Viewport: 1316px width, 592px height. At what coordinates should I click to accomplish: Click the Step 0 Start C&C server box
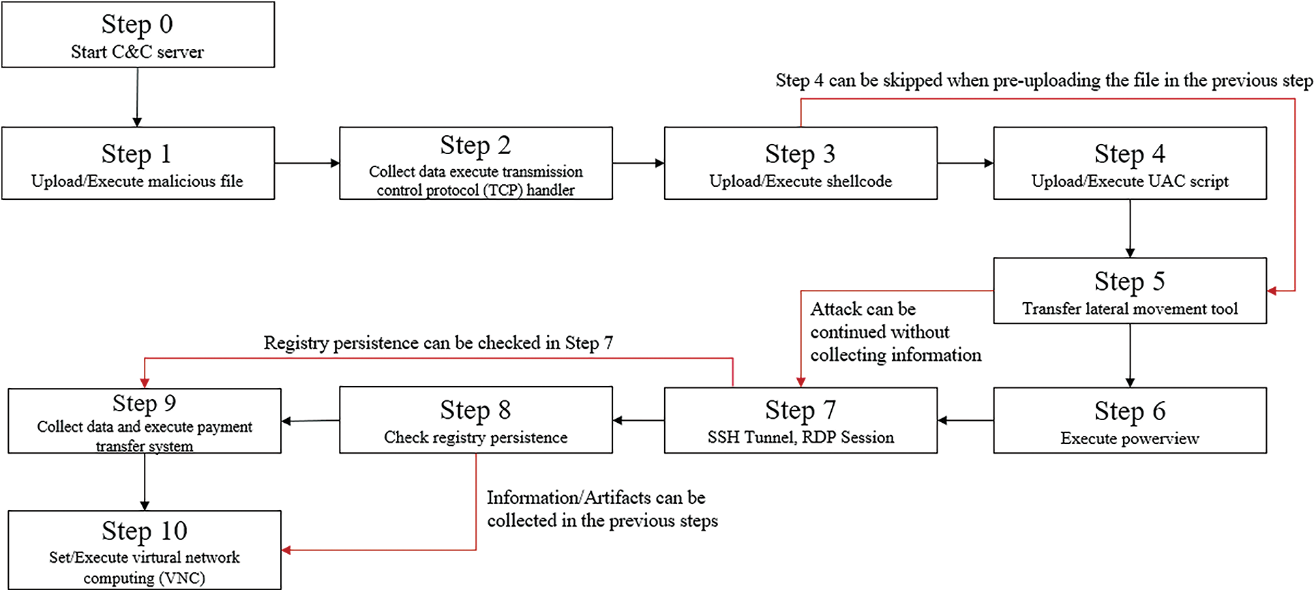click(138, 35)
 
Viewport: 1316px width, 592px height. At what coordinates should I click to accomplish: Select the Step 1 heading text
click(136, 154)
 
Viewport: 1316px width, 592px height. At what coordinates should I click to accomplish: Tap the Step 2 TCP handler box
click(475, 163)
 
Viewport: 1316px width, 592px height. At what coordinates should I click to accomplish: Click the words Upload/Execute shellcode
click(801, 181)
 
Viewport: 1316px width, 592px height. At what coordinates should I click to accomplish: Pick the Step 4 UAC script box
click(1129, 163)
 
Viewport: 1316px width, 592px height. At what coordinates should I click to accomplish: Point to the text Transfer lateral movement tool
click(1129, 309)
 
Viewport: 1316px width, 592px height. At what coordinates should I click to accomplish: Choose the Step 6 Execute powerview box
click(1129, 420)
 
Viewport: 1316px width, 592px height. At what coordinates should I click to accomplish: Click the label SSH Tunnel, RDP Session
click(801, 438)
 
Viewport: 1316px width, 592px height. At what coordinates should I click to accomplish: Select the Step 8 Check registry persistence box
click(475, 420)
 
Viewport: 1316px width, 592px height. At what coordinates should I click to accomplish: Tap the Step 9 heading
click(144, 403)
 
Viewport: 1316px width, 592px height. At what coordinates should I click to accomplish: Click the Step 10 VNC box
click(144, 550)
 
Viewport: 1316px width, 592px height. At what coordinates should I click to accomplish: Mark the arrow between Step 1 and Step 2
click(307, 163)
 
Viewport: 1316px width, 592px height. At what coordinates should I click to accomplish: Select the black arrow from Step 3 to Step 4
click(965, 163)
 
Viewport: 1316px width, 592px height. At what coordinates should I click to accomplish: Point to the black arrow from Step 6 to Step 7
click(965, 420)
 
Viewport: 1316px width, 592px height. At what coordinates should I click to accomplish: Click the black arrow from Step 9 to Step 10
click(145, 482)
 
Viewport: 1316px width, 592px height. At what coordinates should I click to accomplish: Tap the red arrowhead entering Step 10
click(287, 550)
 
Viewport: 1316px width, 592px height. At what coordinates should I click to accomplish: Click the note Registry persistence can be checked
click(438, 343)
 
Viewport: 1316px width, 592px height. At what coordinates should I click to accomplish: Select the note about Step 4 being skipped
click(1043, 80)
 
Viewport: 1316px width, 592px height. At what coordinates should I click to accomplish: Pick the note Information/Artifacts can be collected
click(601, 509)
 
